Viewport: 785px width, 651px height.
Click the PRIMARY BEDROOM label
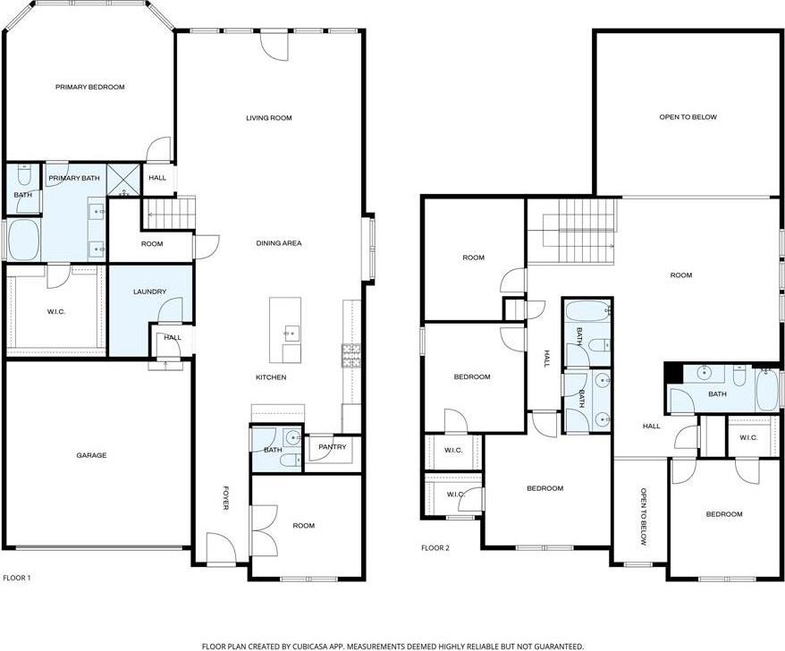click(x=89, y=87)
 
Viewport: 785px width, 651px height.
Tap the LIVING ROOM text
click(x=269, y=118)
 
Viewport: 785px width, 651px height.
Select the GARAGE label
click(x=90, y=455)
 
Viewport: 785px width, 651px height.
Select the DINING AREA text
click(x=278, y=243)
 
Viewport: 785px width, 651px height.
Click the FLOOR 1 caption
click(x=17, y=578)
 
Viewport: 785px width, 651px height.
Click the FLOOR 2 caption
click(x=435, y=547)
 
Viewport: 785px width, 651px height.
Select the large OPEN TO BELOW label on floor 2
click(x=688, y=117)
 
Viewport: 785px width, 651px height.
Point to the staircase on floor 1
click(x=170, y=213)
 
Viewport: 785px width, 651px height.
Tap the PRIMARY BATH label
click(x=74, y=179)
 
